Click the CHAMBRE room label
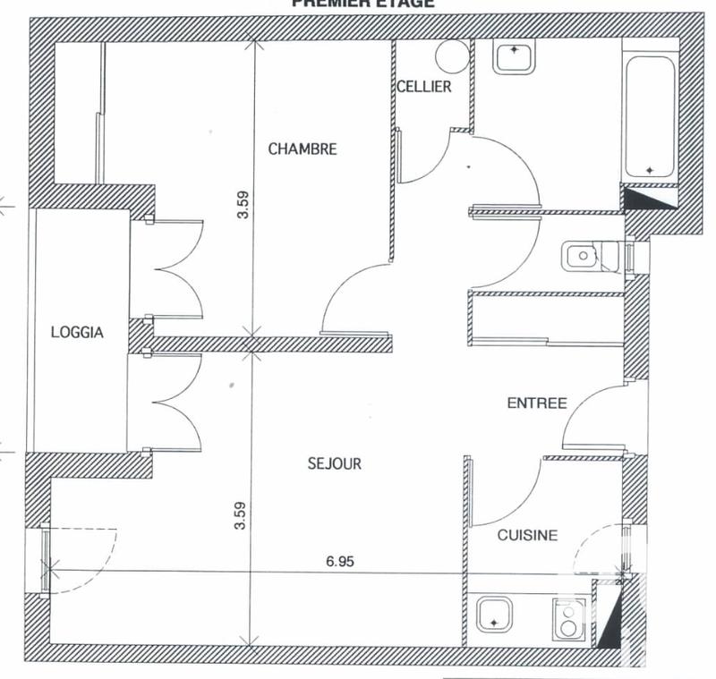(303, 149)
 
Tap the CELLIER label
(424, 87)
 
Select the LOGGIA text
(77, 333)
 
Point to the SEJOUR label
(334, 463)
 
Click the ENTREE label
(537, 403)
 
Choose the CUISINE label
(528, 535)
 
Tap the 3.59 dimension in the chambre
(238, 207)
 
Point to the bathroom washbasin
(514, 56)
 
